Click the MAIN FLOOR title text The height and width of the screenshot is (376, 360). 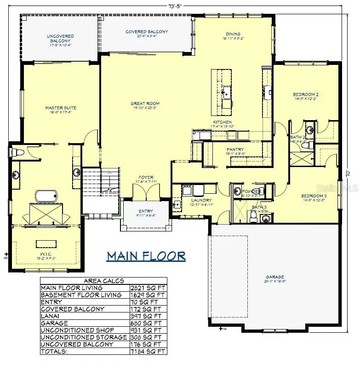pos(146,256)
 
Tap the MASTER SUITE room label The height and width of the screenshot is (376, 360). pos(61,108)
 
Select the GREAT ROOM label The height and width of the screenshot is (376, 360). pos(145,104)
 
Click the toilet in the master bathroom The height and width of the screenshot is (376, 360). pos(18,152)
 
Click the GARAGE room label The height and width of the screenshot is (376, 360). pos(274,277)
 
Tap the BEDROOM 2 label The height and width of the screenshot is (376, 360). pos(306,95)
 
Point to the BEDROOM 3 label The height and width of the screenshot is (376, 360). pos(314,195)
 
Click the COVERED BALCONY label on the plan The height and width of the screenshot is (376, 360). pos(147,32)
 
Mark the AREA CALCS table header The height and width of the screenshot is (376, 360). pos(103,280)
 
